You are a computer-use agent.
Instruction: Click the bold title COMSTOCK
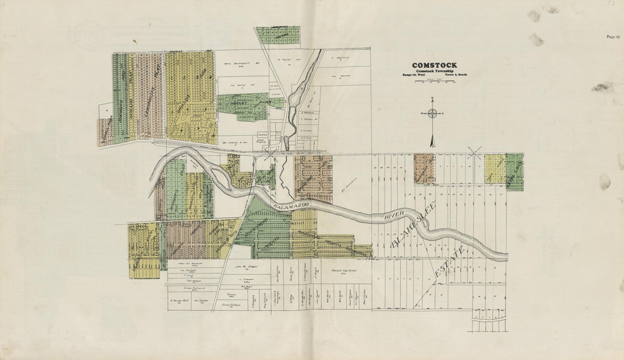pyautogui.click(x=435, y=65)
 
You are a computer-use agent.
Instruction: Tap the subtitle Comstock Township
pyautogui.click(x=435, y=71)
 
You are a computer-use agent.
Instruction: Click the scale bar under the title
pyautogui.click(x=435, y=82)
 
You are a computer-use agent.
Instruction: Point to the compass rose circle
pyautogui.click(x=432, y=113)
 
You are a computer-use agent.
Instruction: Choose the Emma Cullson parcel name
pyautogui.click(x=230, y=304)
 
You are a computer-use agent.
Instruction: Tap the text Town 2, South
pyautogui.click(x=455, y=75)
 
